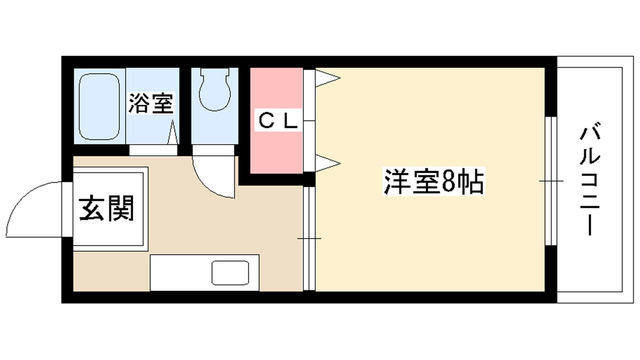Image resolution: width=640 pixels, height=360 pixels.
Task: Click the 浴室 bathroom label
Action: click(150, 101)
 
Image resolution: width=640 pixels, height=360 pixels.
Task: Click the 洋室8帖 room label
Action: click(434, 182)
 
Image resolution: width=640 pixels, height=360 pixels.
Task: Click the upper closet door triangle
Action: click(327, 81)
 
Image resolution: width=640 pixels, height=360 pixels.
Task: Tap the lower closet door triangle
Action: click(328, 160)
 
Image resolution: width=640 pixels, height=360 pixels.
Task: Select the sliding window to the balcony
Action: click(551, 180)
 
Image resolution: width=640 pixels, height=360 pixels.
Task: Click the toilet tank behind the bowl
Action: click(212, 77)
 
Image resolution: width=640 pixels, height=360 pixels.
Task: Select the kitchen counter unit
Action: click(204, 271)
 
